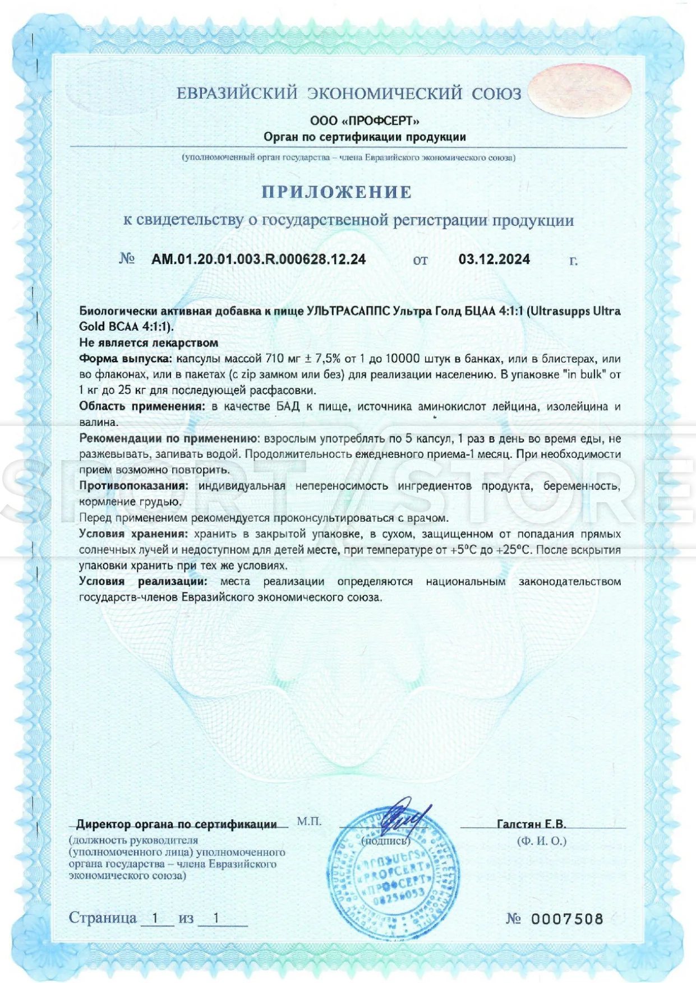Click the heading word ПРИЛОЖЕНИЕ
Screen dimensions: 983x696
coord(337,192)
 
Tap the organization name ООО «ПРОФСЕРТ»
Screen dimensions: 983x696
coord(365,120)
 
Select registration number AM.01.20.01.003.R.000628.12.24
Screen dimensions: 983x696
coord(259,259)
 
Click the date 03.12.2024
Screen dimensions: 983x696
coord(494,259)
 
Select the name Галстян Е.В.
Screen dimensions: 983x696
coord(531,824)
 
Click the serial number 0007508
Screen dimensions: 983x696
coord(567,919)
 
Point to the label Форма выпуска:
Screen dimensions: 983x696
coord(125,359)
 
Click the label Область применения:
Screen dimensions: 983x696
coord(142,406)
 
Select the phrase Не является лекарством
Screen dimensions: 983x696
coord(149,342)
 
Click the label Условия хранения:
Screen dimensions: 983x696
coord(132,534)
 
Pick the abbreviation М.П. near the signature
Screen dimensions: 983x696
coord(309,821)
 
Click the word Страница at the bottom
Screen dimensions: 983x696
coord(103,917)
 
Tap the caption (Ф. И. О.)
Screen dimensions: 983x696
coord(542,841)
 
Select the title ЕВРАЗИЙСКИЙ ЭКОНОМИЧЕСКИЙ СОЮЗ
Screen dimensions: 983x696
coord(349,94)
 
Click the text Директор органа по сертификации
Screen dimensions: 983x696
coord(177,824)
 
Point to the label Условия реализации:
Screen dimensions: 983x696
coord(143,582)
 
